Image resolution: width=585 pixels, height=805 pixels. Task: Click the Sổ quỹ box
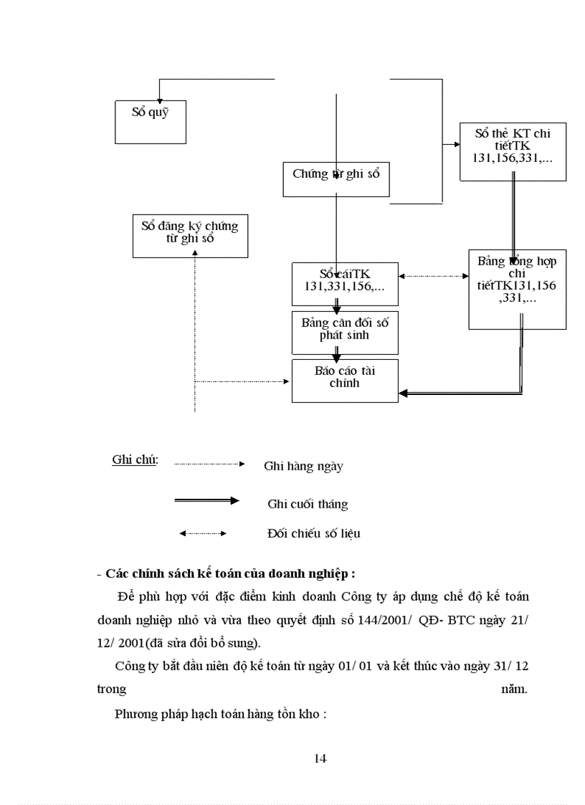click(151, 122)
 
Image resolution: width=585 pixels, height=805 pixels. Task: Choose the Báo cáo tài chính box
click(345, 380)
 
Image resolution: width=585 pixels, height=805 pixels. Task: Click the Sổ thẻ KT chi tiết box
click(513, 151)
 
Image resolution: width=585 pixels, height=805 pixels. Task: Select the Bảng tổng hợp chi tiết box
click(517, 289)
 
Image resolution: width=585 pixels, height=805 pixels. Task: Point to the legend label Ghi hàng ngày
click(303, 467)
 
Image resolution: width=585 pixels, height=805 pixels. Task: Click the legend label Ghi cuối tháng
click(308, 504)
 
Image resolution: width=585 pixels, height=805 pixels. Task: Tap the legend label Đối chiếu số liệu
click(313, 533)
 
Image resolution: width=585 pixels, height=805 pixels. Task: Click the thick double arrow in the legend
click(206, 500)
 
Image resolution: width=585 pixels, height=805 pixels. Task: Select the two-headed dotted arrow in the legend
click(203, 533)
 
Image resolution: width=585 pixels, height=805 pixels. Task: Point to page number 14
click(320, 758)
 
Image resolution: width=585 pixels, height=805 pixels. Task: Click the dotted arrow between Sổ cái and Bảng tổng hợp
click(433, 276)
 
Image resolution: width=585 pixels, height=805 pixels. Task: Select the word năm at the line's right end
click(514, 690)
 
